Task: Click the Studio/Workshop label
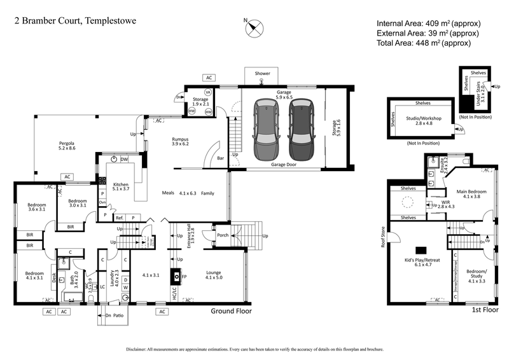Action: point(422,118)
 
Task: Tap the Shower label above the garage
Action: point(263,74)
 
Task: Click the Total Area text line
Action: point(423,43)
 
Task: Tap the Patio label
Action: point(118,315)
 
